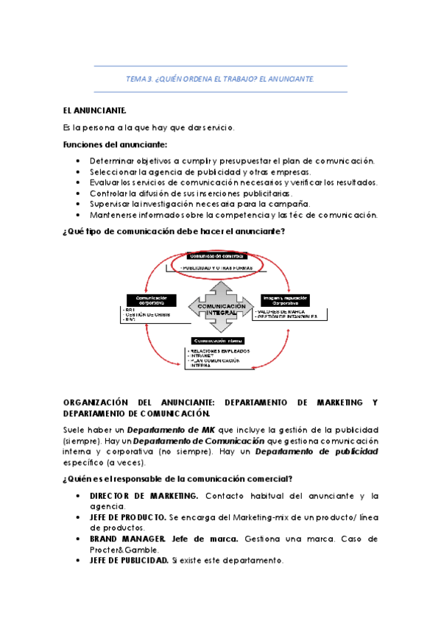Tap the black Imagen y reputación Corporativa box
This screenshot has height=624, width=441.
tap(285, 301)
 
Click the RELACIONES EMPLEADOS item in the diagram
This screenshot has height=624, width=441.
tap(220, 351)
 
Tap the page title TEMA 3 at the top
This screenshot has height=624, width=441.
tap(220, 78)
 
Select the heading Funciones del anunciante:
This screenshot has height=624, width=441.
tap(105, 143)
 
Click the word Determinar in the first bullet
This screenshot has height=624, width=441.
tap(112, 160)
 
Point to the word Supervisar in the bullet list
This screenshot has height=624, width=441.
tap(112, 204)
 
